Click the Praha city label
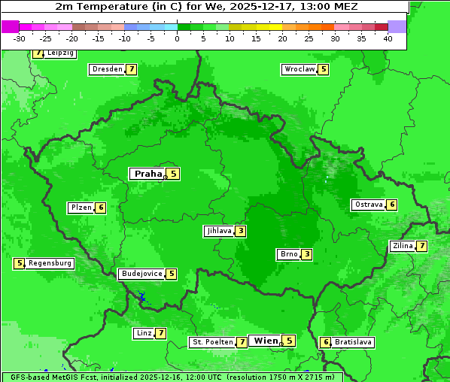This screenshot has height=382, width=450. click(x=147, y=174)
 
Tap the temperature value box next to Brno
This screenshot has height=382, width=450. click(x=307, y=254)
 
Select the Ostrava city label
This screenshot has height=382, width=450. click(x=368, y=205)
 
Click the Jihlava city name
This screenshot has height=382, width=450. click(x=218, y=231)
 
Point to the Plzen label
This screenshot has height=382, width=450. click(x=81, y=208)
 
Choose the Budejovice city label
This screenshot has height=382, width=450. click(x=141, y=274)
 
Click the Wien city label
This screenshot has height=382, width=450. click(x=266, y=341)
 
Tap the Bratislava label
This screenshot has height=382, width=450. click(x=353, y=342)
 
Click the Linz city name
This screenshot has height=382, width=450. click(x=144, y=333)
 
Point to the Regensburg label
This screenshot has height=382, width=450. click(x=50, y=263)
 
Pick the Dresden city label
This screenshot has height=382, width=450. click(x=107, y=69)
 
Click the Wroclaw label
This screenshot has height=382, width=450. click(x=299, y=69)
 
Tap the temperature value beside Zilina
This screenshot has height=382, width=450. click(x=422, y=246)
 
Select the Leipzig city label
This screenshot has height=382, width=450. click(x=60, y=53)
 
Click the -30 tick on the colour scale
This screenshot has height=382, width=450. click(x=20, y=38)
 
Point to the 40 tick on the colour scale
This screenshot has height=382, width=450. click(x=387, y=38)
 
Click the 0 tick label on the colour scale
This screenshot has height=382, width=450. click(x=177, y=38)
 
